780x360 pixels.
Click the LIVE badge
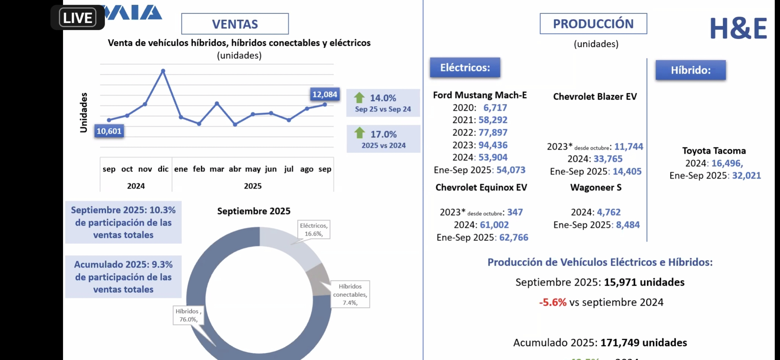[78, 17]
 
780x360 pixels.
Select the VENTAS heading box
[235, 24]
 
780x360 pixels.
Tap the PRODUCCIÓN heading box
[593, 24]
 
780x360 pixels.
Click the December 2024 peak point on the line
[163, 71]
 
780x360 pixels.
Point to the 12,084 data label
[325, 94]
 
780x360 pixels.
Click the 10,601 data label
[109, 131]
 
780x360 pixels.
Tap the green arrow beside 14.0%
[359, 98]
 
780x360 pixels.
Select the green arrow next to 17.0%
[360, 133]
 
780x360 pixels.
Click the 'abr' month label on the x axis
[235, 169]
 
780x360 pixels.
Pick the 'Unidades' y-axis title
[84, 113]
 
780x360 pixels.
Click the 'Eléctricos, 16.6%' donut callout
[314, 230]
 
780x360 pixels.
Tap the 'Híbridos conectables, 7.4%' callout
[350, 294]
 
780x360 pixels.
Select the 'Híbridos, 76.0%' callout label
[188, 315]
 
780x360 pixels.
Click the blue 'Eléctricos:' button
[465, 68]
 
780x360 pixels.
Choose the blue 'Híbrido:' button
[691, 70]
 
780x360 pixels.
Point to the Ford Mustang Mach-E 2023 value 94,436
[493, 145]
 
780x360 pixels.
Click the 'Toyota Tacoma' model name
[714, 151]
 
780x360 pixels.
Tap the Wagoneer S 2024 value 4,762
[609, 212]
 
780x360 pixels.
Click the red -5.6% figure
[553, 302]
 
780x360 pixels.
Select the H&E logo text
[738, 29]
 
